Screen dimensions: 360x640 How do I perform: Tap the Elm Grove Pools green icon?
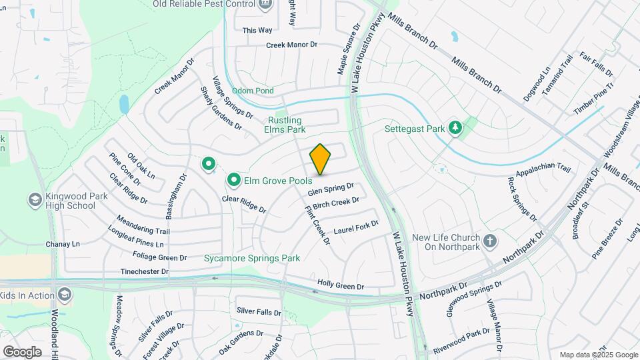click(234, 179)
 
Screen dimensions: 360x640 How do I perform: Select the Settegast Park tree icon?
click(455, 127)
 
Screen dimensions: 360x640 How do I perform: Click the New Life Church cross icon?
click(490, 241)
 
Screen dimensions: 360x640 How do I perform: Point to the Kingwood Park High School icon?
click(35, 199)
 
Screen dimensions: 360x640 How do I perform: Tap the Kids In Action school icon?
click(65, 294)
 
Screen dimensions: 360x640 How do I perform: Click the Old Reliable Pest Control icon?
click(265, 3)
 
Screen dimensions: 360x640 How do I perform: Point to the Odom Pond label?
click(253, 91)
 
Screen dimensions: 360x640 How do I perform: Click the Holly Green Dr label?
click(341, 286)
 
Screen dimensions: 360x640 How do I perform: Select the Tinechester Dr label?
click(145, 272)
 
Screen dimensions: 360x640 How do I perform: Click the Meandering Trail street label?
click(143, 225)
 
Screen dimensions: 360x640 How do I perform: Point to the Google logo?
click(22, 352)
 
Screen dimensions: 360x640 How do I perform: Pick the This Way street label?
click(257, 30)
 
